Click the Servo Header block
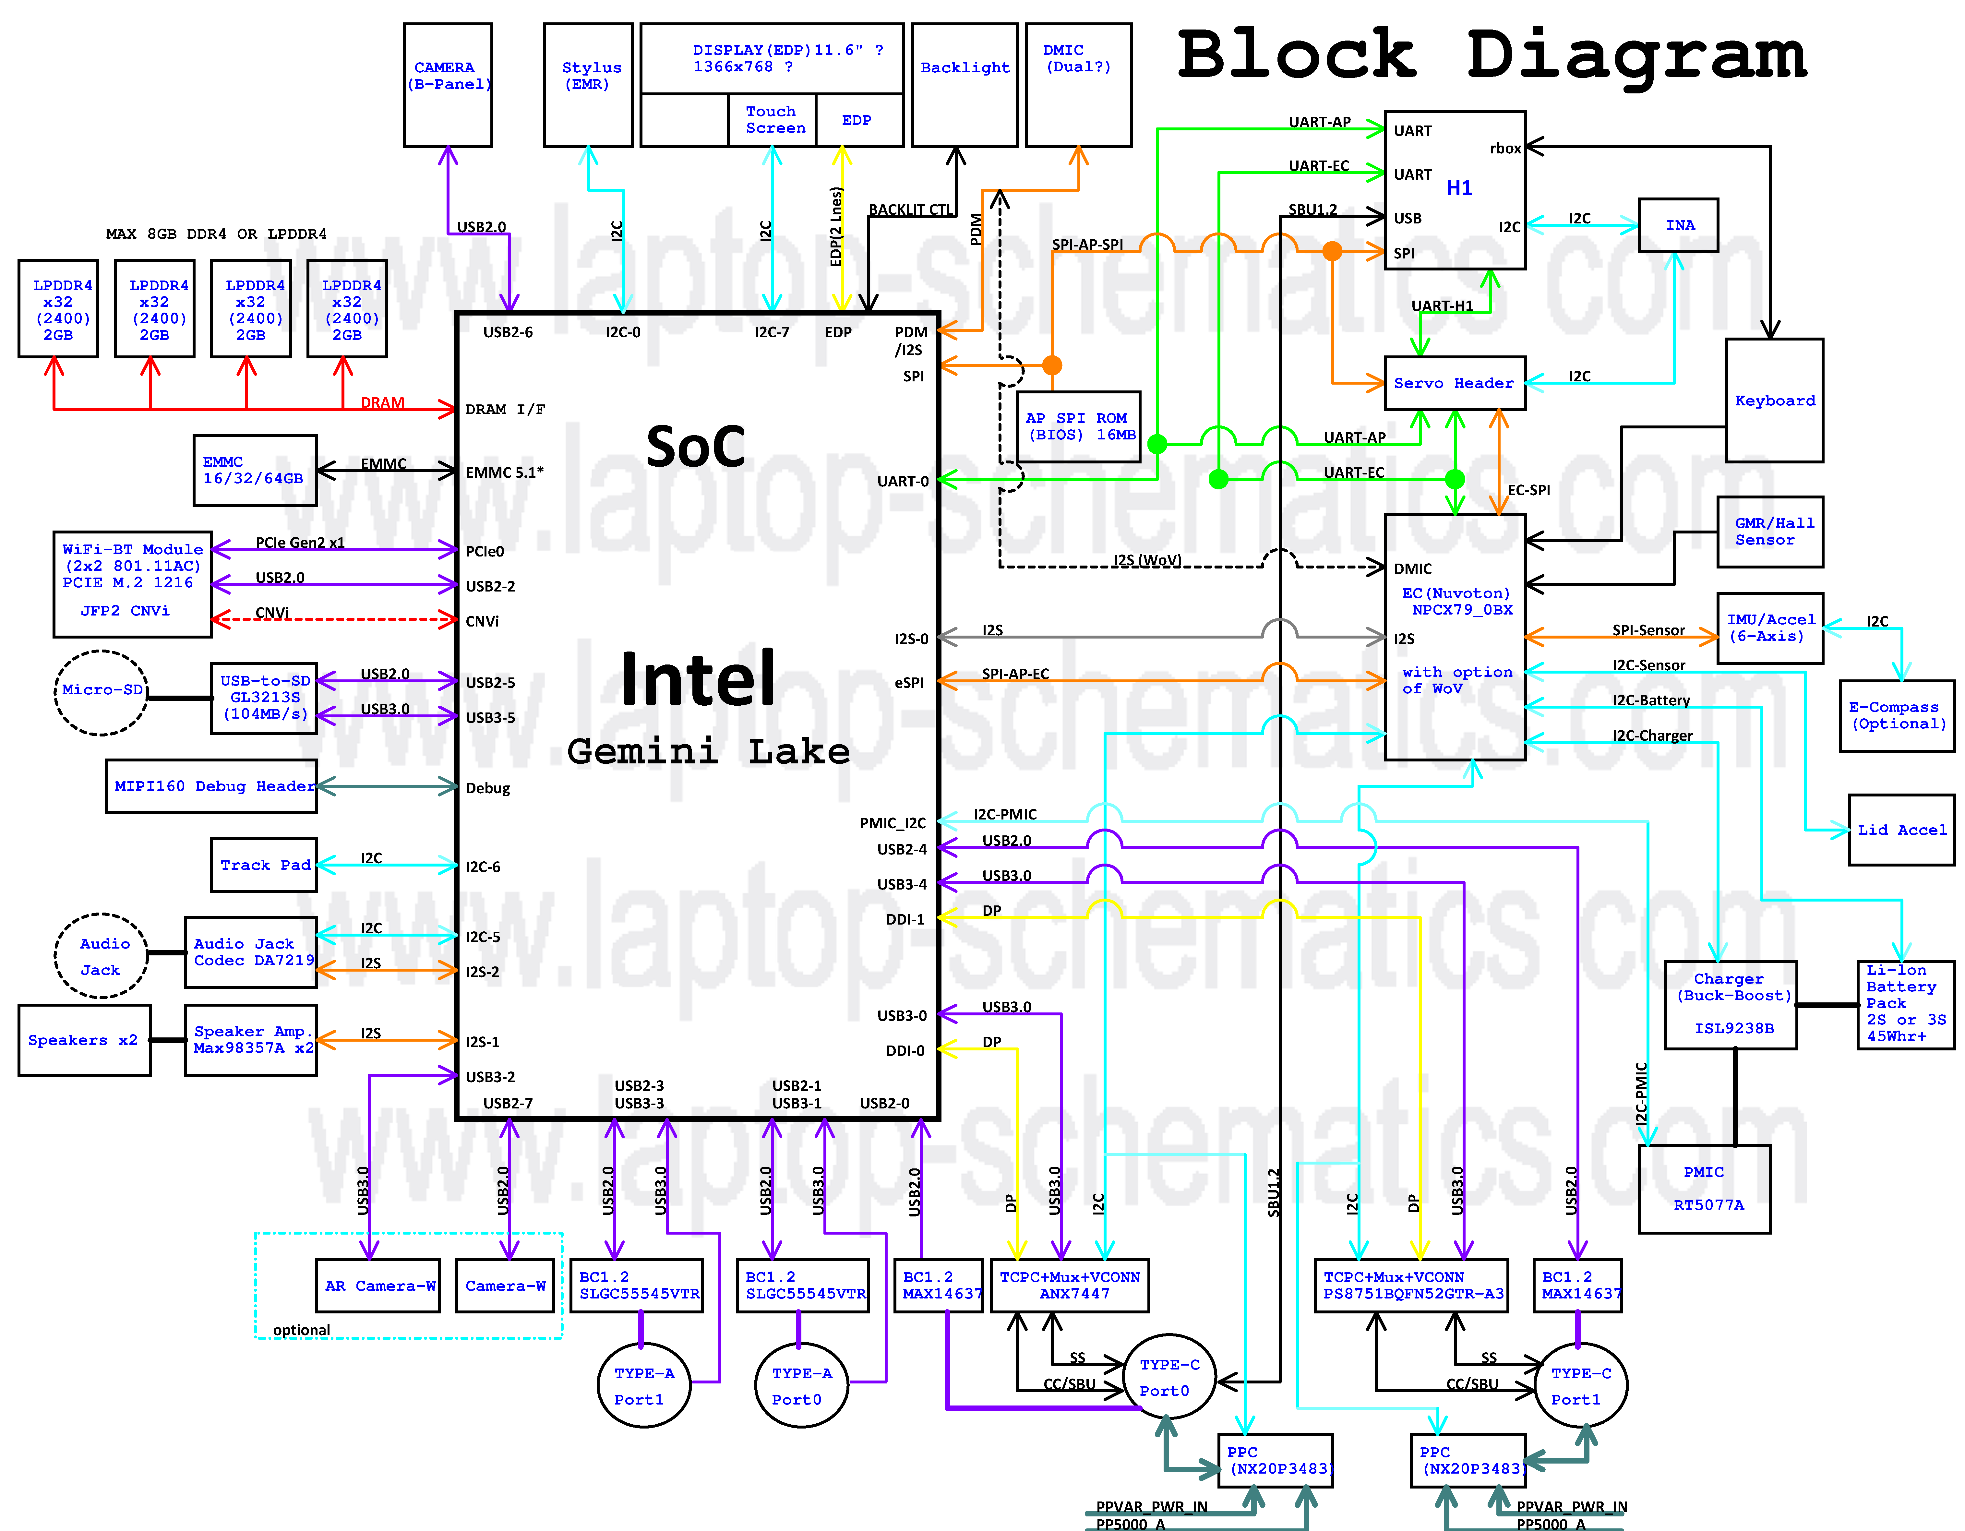pos(1454,383)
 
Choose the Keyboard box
pos(1774,400)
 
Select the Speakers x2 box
pos(84,1040)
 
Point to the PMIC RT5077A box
pos(1704,1188)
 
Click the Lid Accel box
pos(1901,829)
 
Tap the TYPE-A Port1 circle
pos(644,1385)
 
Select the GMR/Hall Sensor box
pos(1770,532)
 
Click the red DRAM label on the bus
pos(382,402)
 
